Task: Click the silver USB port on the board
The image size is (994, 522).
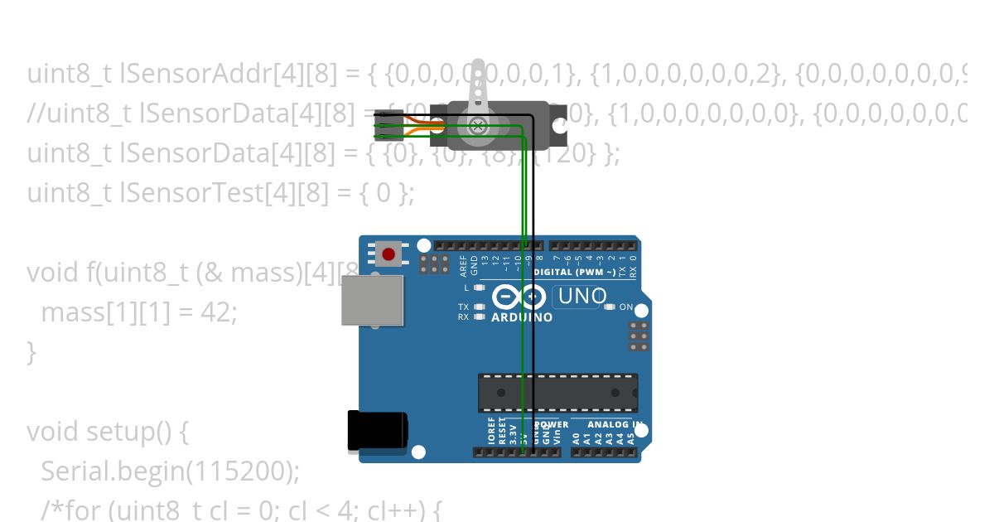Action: (372, 300)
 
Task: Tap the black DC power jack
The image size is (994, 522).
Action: (377, 431)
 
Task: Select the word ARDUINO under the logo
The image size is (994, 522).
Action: (523, 317)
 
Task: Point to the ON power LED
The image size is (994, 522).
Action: (610, 307)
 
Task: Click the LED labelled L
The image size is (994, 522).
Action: (479, 288)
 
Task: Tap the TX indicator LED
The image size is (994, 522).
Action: (479, 307)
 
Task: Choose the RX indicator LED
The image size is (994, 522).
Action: (479, 317)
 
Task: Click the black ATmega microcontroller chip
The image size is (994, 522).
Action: (557, 392)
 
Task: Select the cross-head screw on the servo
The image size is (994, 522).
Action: (477, 125)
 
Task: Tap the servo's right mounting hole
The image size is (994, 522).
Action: (560, 125)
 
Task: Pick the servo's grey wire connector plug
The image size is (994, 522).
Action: (388, 124)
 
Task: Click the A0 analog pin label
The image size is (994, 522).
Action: (577, 437)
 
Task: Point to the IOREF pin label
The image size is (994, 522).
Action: (491, 432)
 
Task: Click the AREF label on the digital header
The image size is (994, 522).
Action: (464, 264)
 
